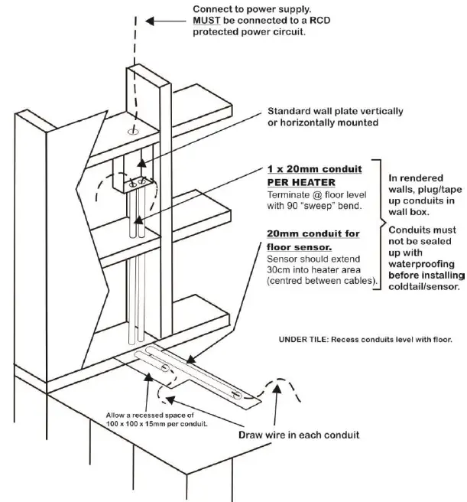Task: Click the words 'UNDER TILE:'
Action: pos(304,337)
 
